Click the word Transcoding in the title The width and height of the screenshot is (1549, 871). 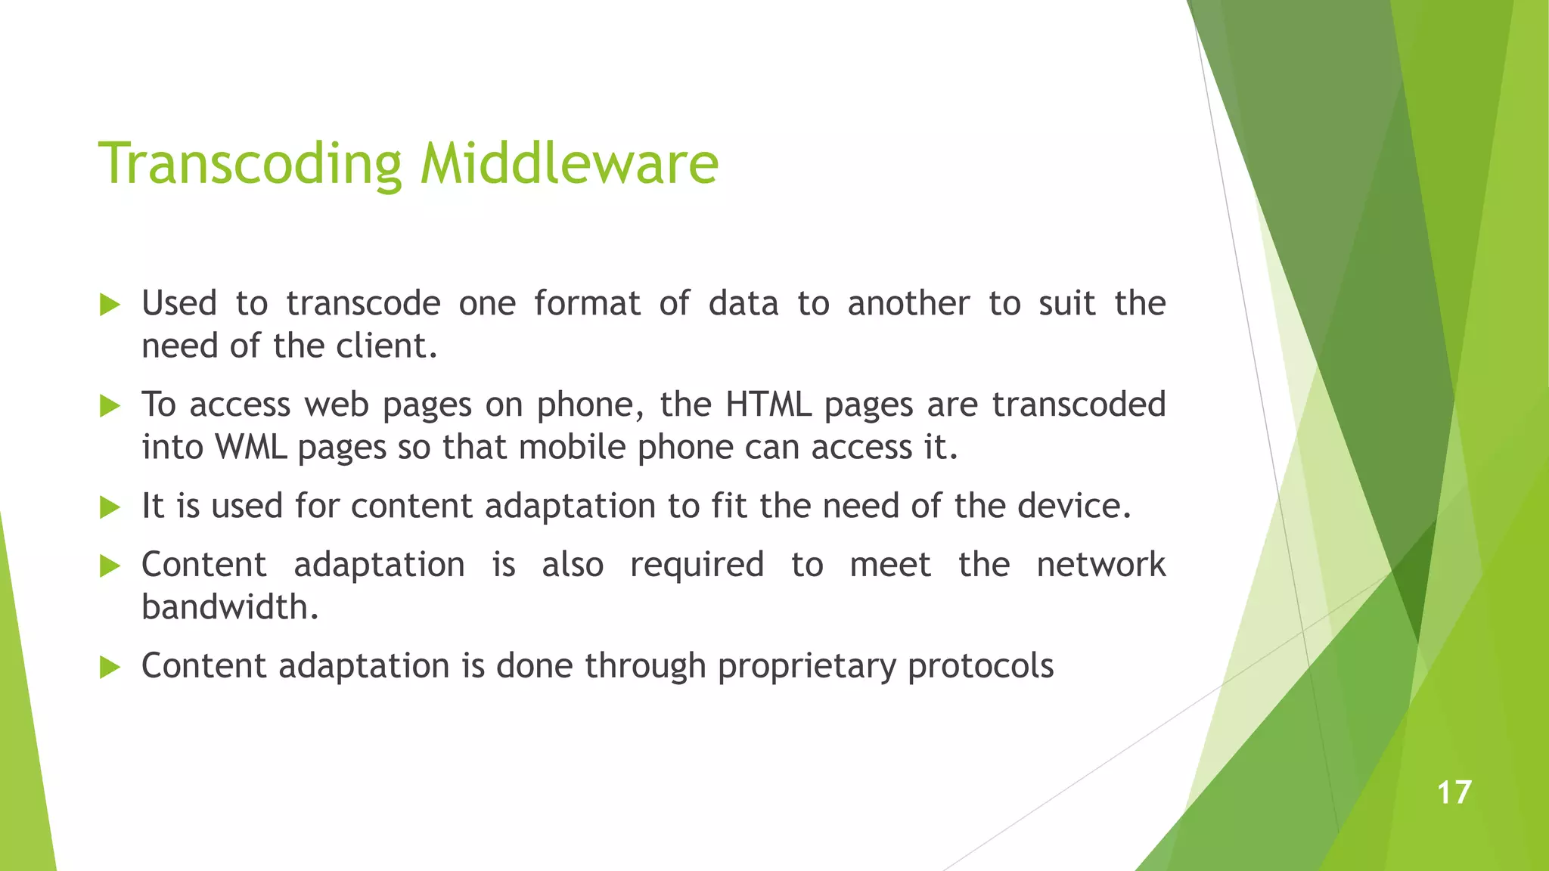tap(250, 164)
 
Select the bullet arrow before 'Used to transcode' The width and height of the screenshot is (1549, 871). tap(110, 305)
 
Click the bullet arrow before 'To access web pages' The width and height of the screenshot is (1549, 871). tap(110, 407)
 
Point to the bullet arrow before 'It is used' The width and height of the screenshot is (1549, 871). tap(110, 507)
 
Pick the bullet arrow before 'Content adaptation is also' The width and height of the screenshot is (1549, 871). tap(110, 566)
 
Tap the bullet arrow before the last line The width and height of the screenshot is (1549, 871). tap(110, 668)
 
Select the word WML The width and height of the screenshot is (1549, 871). tap(250, 447)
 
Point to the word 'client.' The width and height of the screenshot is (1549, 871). tap(386, 346)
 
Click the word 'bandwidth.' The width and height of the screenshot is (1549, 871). tap(230, 607)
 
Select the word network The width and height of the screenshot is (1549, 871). tap(1100, 565)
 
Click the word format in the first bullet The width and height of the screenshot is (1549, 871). tap(587, 304)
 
